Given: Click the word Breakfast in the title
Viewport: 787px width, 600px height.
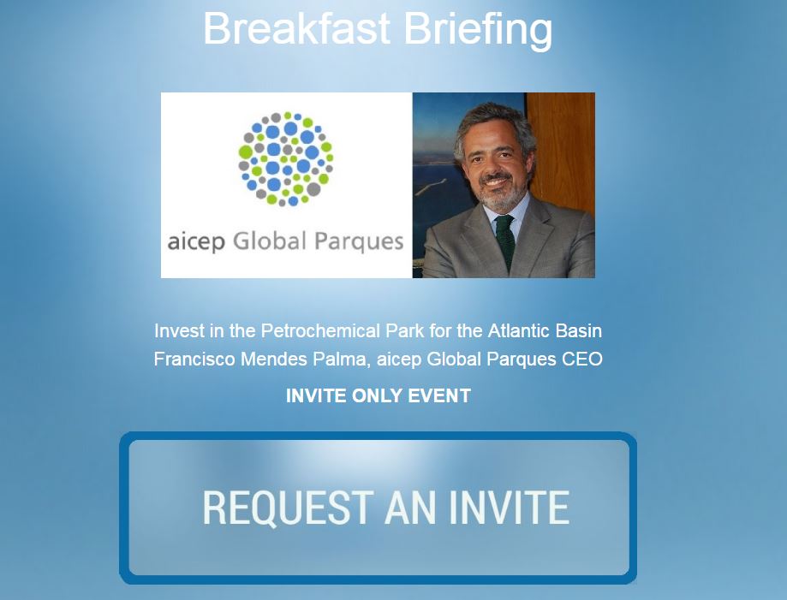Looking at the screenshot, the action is (x=296, y=28).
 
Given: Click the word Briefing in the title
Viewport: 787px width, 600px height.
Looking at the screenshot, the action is (x=479, y=31).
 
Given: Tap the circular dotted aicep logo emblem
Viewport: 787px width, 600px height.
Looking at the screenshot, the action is (x=285, y=158).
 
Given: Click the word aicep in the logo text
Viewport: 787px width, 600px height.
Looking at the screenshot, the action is (x=196, y=242).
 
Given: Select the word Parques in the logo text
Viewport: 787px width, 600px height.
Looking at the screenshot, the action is (x=359, y=242).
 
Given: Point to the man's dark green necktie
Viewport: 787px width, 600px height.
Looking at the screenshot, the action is (x=505, y=241).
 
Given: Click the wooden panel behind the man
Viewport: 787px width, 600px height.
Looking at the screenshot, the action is (x=561, y=151).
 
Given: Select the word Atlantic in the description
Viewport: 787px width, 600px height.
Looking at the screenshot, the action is (x=519, y=331).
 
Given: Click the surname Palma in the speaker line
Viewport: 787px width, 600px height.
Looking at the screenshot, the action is (x=341, y=359).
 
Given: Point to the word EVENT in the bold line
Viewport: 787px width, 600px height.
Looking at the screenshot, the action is (x=439, y=395).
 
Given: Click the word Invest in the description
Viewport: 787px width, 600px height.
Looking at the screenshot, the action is (x=179, y=331).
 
